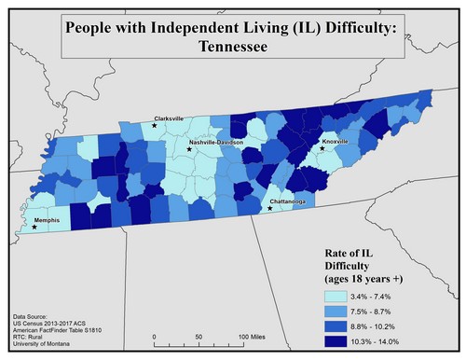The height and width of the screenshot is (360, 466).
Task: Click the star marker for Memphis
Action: [34, 227]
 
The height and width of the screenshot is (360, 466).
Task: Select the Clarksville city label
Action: [169, 118]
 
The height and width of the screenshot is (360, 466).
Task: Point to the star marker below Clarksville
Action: [155, 125]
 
